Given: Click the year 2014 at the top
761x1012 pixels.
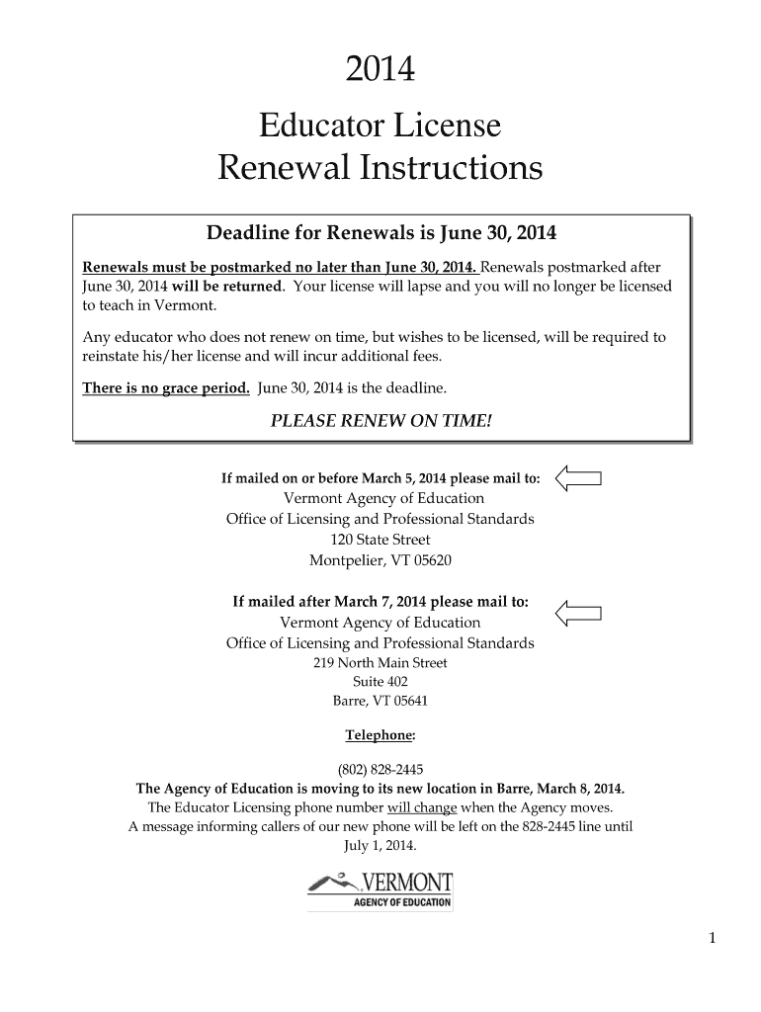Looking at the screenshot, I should (x=380, y=71).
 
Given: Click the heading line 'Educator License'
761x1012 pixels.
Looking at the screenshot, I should (x=380, y=126).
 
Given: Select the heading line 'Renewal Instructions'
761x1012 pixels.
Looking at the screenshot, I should (x=380, y=169).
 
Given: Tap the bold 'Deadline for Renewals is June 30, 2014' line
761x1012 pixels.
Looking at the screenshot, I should (x=380, y=234).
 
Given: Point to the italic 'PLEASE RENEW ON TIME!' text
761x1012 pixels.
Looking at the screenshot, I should (x=380, y=421).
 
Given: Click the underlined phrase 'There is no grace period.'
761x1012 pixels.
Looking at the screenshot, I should (x=165, y=387).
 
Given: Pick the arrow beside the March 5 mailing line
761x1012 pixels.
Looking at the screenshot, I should (x=579, y=479).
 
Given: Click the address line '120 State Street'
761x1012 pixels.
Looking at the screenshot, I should (x=380, y=540).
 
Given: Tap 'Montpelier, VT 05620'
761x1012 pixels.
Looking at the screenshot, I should (x=380, y=560).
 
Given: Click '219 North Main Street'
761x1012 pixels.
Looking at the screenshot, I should (x=380, y=663).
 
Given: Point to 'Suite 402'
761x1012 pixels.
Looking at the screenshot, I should (x=380, y=682).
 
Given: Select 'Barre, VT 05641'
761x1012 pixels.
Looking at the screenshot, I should (x=380, y=702).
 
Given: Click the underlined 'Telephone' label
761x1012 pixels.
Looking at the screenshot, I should (x=380, y=736).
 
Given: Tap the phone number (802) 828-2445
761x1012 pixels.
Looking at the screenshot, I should (x=380, y=770).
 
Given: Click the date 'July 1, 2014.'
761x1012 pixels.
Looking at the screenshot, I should (x=380, y=846).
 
